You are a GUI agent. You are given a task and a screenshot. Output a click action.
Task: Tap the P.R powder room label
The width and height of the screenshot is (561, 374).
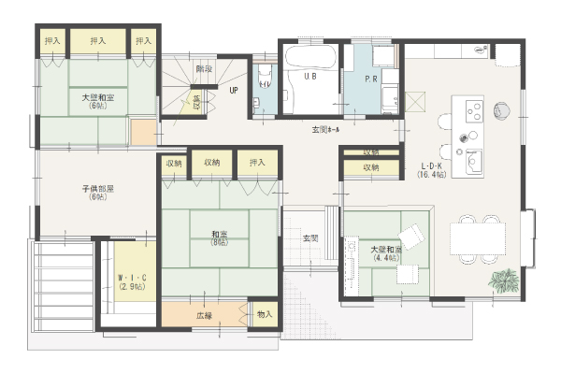(x=370, y=79)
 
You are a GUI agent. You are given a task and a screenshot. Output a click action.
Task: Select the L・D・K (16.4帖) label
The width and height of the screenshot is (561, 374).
(x=432, y=169)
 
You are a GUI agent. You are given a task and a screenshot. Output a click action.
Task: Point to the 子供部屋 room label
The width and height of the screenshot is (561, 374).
(x=97, y=193)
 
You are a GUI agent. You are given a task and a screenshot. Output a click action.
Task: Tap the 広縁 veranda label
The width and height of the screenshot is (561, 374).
(x=204, y=315)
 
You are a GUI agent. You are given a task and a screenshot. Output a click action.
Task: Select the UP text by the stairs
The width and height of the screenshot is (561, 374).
(x=235, y=91)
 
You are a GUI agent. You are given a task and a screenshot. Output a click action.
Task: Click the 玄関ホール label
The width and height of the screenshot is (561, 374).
(x=326, y=129)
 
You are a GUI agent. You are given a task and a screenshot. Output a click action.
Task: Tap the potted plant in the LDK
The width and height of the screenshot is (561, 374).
(x=505, y=279)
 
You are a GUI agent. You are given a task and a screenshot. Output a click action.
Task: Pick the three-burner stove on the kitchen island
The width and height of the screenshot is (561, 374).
(x=473, y=111)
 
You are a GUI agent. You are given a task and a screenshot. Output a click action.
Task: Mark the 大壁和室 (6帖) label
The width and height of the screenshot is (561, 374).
(x=97, y=100)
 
